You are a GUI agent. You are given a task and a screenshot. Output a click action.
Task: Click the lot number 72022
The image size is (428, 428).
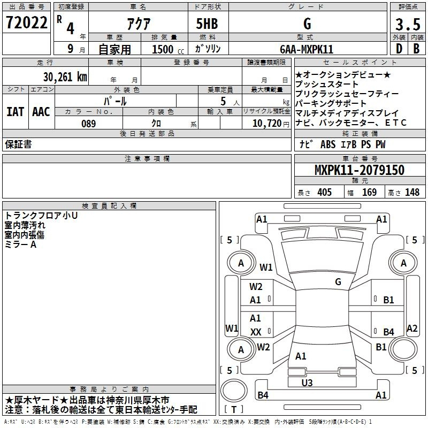click(26, 22)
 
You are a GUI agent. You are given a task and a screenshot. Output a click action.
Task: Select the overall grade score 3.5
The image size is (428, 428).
click(408, 24)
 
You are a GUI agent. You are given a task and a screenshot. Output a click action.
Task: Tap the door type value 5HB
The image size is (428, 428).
click(207, 24)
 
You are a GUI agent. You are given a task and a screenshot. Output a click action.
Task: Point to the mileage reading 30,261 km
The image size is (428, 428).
click(65, 77)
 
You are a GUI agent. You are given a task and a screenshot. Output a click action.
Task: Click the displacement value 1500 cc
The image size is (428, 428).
click(168, 49)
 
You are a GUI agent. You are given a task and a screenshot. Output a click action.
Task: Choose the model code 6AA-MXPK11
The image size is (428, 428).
click(307, 49)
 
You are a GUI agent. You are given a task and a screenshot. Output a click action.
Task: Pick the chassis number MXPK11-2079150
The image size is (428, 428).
click(360, 170)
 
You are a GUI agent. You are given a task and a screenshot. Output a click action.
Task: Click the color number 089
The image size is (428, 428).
click(89, 124)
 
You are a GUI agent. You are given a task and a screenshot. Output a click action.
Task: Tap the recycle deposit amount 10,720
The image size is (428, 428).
click(266, 124)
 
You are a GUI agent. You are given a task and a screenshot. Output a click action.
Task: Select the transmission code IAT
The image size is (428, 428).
click(15, 112)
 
